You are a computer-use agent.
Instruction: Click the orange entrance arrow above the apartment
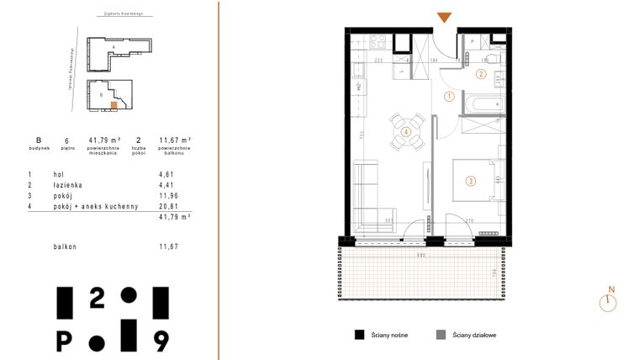(x=444, y=18)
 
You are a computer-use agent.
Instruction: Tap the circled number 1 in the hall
(x=449, y=97)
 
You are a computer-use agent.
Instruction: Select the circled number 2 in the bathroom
(x=481, y=74)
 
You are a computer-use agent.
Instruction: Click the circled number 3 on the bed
(x=471, y=179)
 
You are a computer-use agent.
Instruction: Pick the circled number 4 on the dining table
(x=406, y=131)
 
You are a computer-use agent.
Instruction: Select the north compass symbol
(x=607, y=302)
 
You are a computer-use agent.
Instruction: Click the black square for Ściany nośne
(x=359, y=334)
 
